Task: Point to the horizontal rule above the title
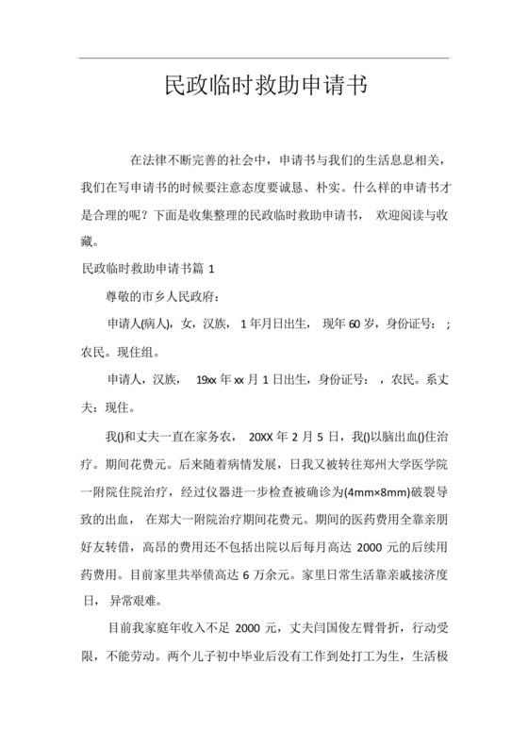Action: coord(264,58)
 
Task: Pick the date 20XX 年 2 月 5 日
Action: coord(291,437)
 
